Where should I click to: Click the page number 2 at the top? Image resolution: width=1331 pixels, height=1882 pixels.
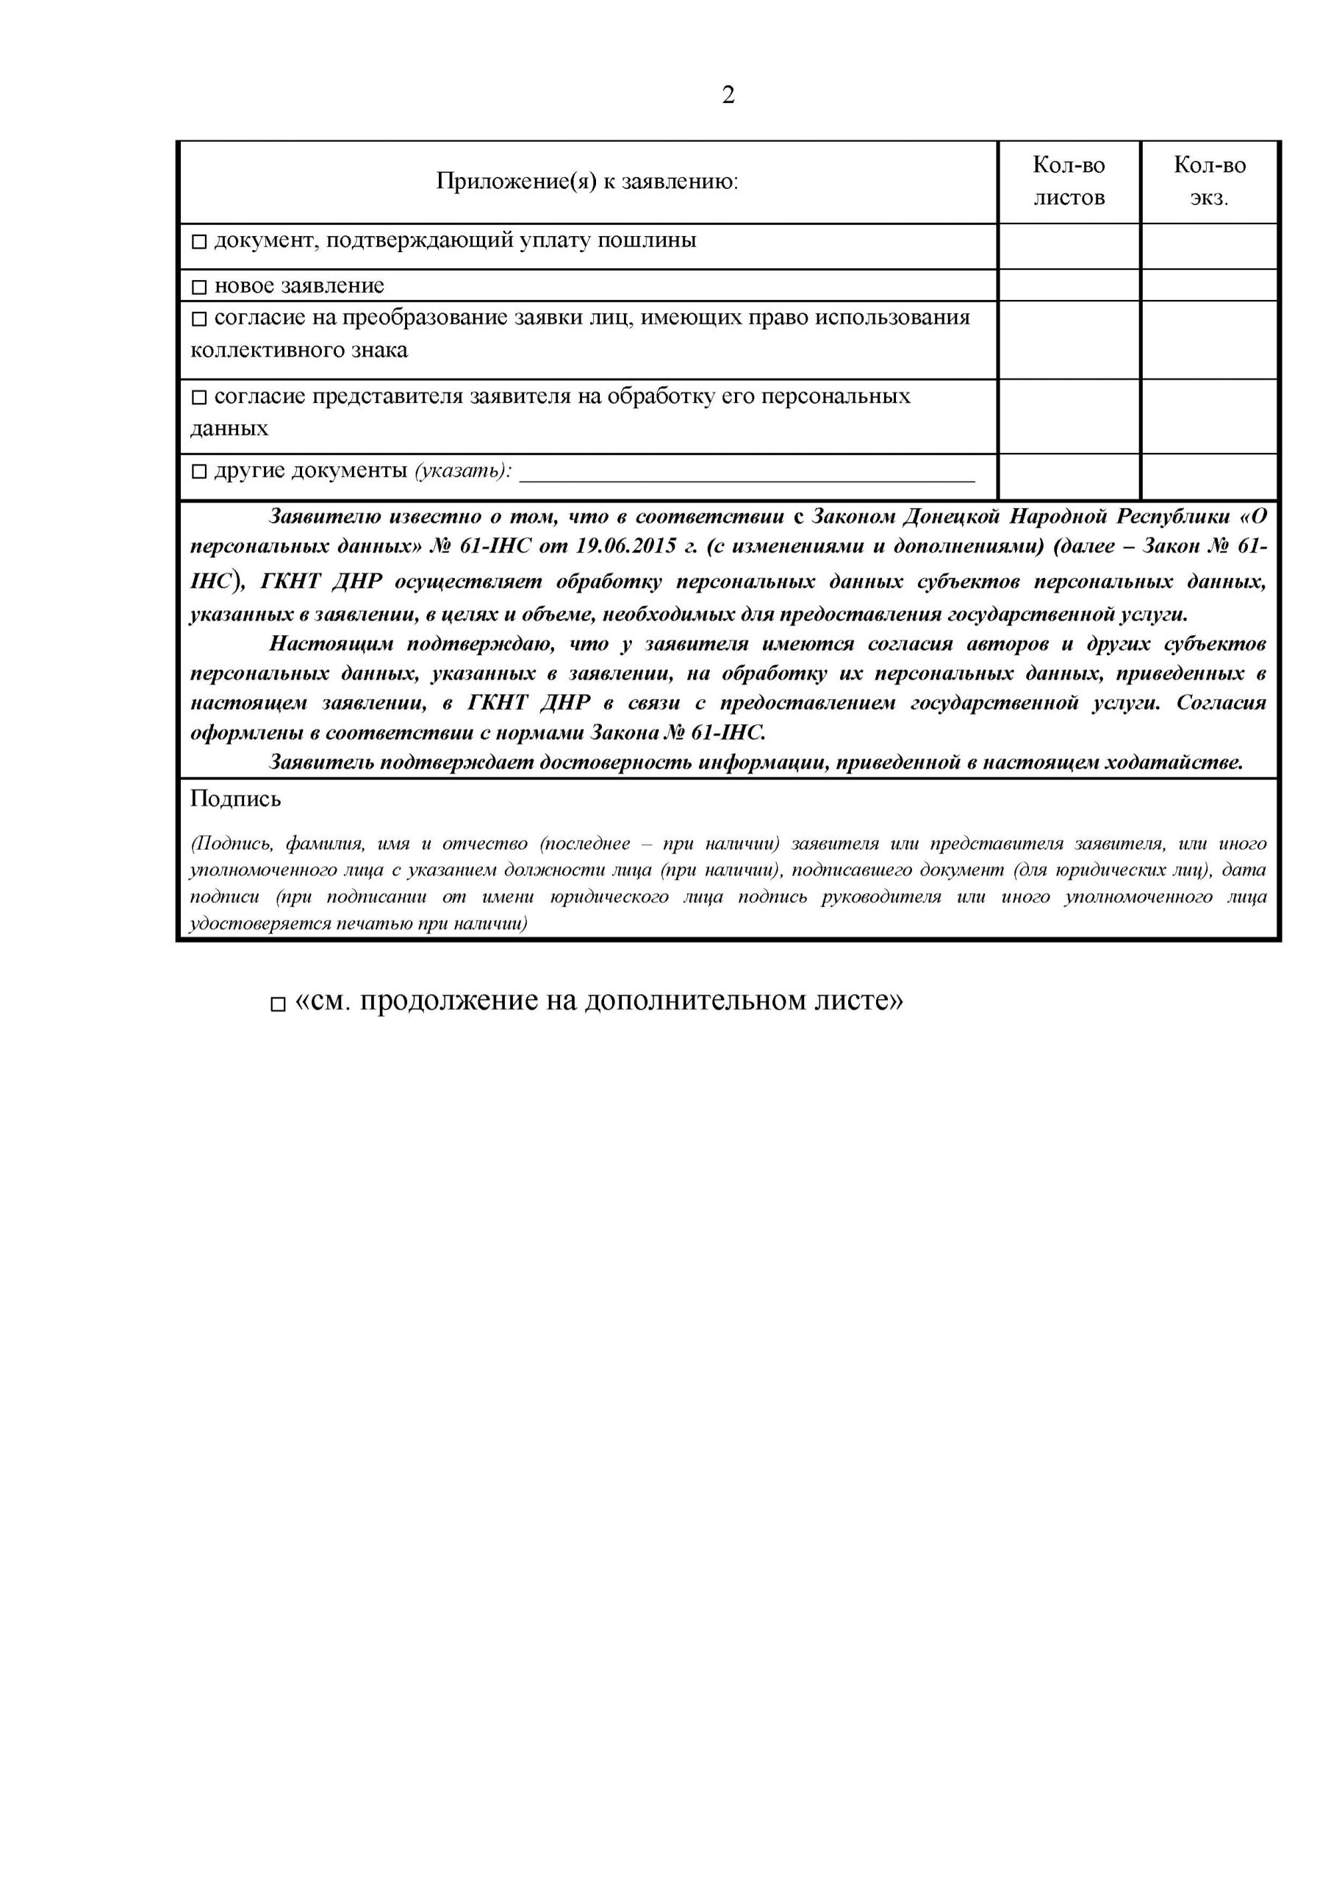click(x=728, y=96)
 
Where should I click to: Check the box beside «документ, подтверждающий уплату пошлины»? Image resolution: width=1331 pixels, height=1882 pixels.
click(x=199, y=242)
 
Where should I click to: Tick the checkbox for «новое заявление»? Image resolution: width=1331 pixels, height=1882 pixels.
click(x=199, y=287)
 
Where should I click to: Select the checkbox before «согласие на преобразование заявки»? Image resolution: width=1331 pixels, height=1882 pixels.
click(x=199, y=319)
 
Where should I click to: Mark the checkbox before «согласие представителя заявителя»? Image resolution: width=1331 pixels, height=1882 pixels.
click(x=199, y=398)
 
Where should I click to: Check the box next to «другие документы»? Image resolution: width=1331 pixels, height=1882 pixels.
click(x=199, y=471)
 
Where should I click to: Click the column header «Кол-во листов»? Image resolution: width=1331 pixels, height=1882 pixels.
click(x=1068, y=181)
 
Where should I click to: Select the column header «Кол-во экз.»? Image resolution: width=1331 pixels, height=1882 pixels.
click(x=1209, y=181)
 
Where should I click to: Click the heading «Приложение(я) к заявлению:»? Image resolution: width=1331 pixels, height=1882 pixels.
click(x=586, y=181)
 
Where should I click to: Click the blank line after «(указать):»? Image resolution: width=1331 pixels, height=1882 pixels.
click(x=747, y=473)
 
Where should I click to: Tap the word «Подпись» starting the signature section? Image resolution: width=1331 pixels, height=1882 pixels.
click(x=235, y=798)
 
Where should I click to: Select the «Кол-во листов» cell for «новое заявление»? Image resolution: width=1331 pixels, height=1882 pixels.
click(x=1068, y=285)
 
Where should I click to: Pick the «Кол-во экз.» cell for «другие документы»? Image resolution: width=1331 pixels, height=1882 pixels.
click(x=1209, y=476)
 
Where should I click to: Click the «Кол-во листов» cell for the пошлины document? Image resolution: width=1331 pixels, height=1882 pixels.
click(x=1068, y=246)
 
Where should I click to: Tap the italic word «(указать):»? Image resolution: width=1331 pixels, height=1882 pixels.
click(x=463, y=470)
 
